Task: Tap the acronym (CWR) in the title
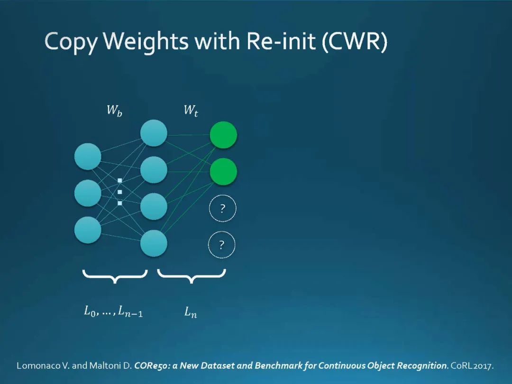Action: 355,42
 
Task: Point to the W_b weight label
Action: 114,111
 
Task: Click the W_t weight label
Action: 191,111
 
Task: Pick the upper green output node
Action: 223,135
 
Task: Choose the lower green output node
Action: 223,172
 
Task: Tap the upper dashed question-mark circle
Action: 222,209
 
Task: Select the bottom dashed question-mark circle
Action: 222,245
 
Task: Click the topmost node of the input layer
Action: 88,156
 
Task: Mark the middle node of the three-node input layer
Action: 88,193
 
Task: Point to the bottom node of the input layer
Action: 88,230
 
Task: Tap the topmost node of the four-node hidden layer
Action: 154,133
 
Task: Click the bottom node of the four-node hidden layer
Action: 154,243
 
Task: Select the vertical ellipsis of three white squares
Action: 120,192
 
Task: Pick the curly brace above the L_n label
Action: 191,276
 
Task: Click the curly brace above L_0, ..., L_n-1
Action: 115,276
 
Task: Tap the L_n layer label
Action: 190,312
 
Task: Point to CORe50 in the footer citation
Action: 148,366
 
